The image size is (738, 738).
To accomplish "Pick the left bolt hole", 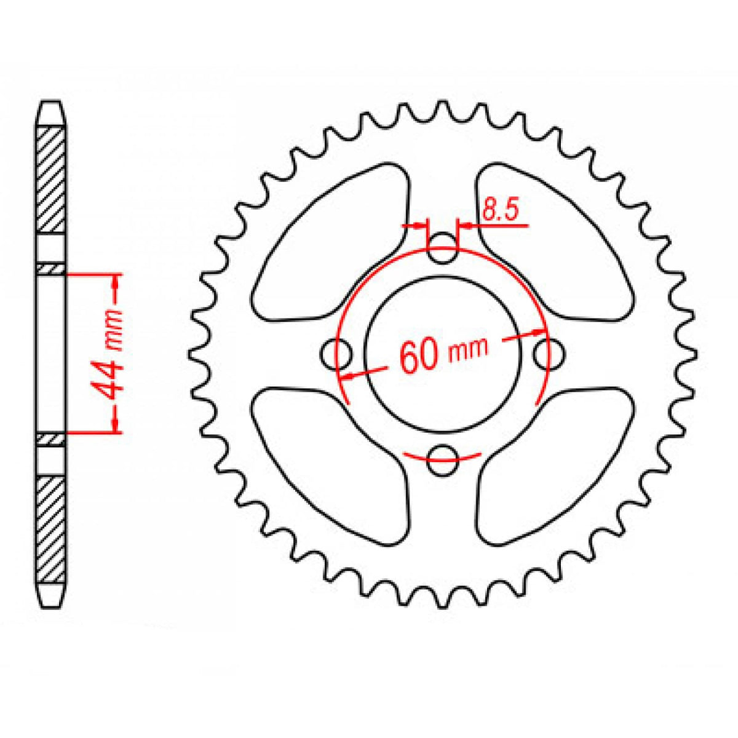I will pos(336,354).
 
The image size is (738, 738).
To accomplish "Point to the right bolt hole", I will pos(548,354).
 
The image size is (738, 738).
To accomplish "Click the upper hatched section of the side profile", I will pos(50,178).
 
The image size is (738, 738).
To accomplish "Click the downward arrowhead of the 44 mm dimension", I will pos(115,426).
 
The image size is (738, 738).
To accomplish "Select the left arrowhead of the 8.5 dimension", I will pos(421,226).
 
